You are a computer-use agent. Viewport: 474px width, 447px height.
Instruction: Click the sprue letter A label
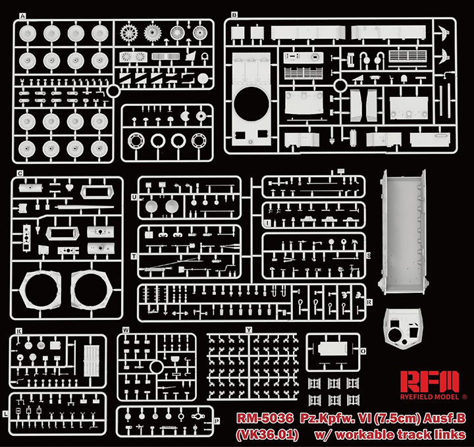(24, 15)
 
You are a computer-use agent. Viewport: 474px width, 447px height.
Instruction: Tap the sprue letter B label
(234, 14)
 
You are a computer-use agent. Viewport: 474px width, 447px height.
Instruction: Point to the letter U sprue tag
(134, 197)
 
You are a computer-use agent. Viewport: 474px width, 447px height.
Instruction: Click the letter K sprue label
(19, 330)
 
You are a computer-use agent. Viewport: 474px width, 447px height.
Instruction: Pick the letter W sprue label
(125, 330)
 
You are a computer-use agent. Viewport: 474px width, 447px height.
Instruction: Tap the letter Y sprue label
(248, 329)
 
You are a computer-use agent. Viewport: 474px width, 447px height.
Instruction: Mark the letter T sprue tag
(134, 255)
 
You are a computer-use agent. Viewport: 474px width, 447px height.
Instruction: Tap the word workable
(374, 434)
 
